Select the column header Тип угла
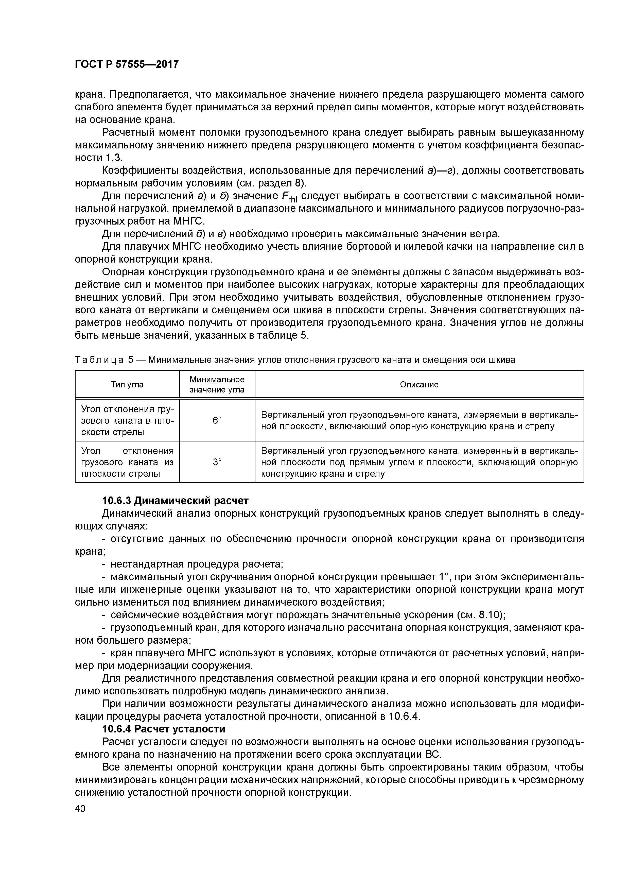pos(127,385)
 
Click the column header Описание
pos(419,385)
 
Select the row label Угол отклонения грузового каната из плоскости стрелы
pos(127,462)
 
